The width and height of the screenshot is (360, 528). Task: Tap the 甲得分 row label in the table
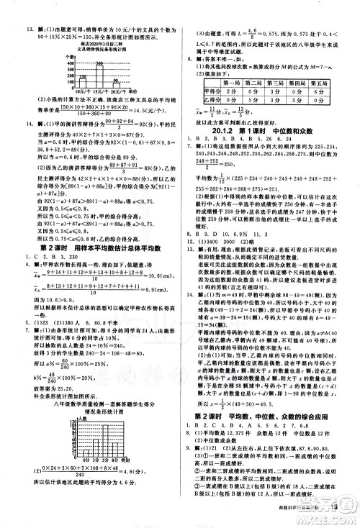tap(210, 93)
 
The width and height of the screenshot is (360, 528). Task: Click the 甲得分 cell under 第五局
tap(325, 93)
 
